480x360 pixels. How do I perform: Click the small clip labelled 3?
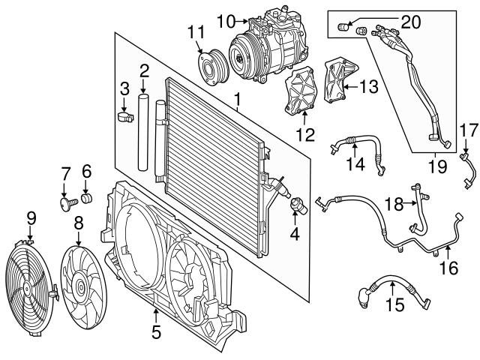pyautogui.click(x=124, y=116)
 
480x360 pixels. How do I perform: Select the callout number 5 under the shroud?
pyautogui.click(x=155, y=331)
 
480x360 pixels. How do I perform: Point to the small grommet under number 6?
pyautogui.click(x=86, y=199)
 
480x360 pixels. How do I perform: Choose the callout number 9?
pyautogui.click(x=31, y=218)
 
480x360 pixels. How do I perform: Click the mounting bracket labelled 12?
pyautogui.click(x=299, y=94)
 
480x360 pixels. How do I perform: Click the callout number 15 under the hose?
pyautogui.click(x=394, y=305)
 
